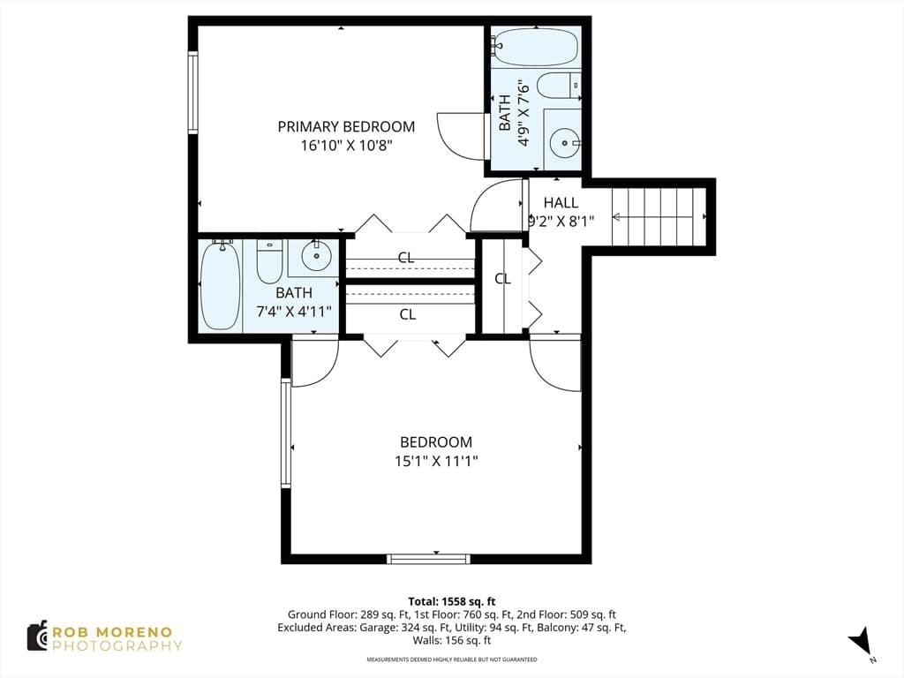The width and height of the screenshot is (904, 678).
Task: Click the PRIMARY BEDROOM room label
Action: [346, 127]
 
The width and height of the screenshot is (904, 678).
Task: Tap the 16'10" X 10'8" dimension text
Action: [346, 146]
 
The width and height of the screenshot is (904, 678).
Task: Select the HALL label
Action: [561, 203]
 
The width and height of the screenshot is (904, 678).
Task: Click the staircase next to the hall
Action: [659, 217]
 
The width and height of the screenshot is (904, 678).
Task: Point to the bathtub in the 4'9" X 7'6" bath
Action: [536, 47]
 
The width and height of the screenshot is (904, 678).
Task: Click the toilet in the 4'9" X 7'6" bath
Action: [558, 87]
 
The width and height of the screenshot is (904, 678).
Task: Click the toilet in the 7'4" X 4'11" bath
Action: [269, 261]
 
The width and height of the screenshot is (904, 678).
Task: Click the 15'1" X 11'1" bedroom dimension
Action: [436, 461]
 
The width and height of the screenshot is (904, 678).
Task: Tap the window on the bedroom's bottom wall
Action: [428, 558]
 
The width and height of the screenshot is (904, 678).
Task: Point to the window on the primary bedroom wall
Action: [193, 93]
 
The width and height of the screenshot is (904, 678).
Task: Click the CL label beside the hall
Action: [502, 279]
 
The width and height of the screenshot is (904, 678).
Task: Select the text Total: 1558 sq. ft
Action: [452, 602]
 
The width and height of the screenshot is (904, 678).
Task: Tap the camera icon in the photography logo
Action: [38, 637]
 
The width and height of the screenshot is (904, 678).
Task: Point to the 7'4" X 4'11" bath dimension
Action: [294, 312]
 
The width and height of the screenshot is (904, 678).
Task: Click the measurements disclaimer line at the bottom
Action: [452, 659]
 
